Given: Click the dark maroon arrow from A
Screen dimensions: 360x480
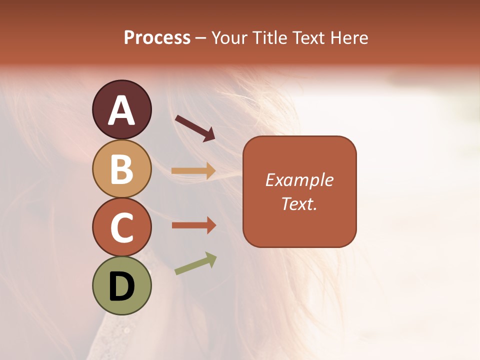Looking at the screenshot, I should [195, 127].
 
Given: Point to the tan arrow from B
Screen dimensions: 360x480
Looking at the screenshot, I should [193, 171].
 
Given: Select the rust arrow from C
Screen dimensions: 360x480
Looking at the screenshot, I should [193, 225].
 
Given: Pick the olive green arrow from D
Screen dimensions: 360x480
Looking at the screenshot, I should [195, 263].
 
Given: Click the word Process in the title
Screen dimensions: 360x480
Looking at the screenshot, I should [157, 38].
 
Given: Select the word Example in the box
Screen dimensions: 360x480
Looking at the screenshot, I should [299, 180].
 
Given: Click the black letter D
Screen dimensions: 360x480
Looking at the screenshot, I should [122, 287].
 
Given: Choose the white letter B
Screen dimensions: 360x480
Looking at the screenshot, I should [122, 169].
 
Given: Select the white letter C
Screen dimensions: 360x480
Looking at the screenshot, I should [122, 227].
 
